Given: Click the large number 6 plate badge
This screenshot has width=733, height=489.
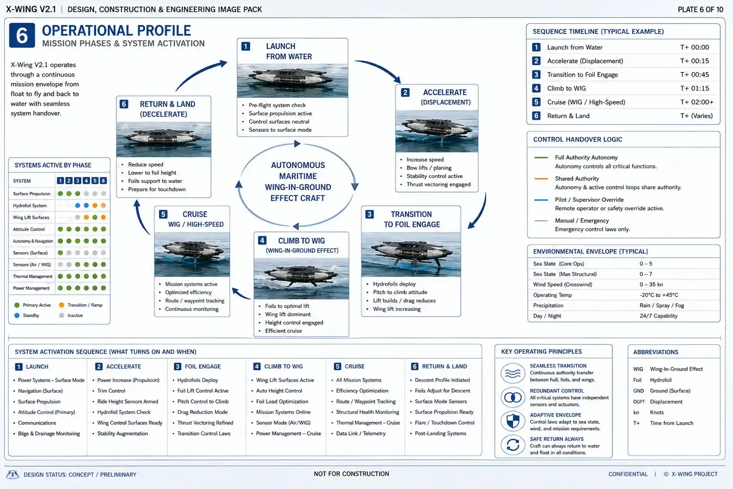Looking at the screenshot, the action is pos(22,35).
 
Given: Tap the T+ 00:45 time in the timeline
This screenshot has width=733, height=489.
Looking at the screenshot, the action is pos(694,74).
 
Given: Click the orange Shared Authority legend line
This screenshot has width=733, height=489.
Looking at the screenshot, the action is pos(541,179).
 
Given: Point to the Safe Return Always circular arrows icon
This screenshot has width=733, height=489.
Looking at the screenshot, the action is pos(513,445).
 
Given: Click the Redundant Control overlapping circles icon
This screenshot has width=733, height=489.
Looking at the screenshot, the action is pos(513,397).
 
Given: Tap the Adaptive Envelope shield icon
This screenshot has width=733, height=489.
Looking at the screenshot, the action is pos(513,421).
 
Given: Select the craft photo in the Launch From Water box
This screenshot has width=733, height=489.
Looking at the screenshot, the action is pos(293,81).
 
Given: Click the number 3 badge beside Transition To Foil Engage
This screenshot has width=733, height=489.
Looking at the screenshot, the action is pos(370,214).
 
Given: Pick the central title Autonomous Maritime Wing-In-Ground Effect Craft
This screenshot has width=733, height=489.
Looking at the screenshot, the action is pos(298,181).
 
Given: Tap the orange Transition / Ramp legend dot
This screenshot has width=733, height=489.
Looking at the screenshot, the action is pos(62,305).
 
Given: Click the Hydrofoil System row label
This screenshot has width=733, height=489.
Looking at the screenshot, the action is pos(30,205).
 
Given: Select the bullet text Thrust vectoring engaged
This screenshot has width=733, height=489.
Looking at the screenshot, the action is pos(438,184).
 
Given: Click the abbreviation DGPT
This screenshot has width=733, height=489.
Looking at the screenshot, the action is pos(639,402).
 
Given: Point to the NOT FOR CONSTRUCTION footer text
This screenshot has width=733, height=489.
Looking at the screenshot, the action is pos(351,474).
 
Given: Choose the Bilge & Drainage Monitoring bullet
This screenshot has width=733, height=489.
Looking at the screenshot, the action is pos(49,434).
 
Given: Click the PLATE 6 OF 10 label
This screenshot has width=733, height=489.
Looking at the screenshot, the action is pos(700,10).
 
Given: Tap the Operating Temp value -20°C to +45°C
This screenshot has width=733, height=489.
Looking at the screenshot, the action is pos(659,295).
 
